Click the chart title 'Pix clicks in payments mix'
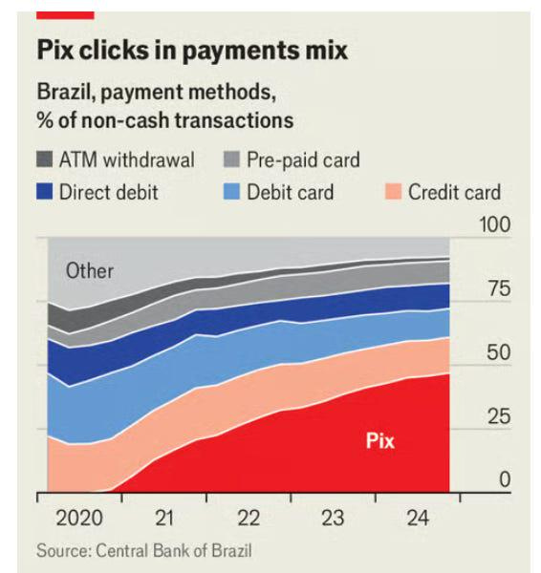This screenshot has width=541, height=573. click(192, 50)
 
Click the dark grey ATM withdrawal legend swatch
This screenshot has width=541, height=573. click(46, 160)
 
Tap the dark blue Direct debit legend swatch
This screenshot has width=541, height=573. click(46, 192)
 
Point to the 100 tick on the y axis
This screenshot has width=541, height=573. click(493, 224)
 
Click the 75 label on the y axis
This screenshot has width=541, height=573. click(497, 289)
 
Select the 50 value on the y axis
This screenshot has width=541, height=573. click(497, 353)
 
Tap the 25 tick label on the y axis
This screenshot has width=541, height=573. click(497, 417)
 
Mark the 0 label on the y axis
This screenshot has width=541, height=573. click(505, 480)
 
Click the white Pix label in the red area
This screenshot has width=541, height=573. click(379, 441)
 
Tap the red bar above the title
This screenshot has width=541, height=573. click(65, 14)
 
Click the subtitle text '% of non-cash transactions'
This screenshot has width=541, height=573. click(164, 121)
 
